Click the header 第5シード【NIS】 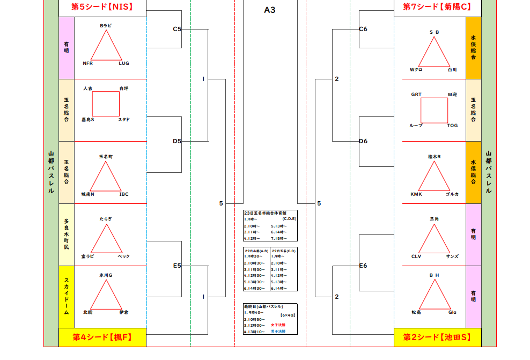102,7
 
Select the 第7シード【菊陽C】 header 437,7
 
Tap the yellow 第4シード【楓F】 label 102,337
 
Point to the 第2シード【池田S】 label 437,337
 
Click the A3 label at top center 270,10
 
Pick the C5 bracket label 177,29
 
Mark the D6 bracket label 363,141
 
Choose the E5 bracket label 177,266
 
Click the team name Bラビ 105,25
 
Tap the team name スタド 124,120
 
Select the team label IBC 124,194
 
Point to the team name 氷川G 105,275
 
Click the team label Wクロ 416,70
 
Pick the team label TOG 452,126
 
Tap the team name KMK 416,194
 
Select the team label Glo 452,312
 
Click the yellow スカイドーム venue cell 66,297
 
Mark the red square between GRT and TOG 434,110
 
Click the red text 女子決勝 278,325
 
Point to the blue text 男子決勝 278,332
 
